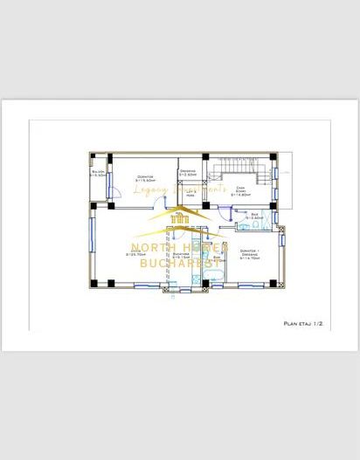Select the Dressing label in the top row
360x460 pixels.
pyautogui.click(x=188, y=173)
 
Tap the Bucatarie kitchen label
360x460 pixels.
pyautogui.click(x=181, y=256)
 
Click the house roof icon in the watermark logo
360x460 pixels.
pyautogui.click(x=180, y=223)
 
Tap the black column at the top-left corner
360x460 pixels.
pyautogui.click(x=93, y=157)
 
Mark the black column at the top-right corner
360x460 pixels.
pyautogui.click(x=274, y=157)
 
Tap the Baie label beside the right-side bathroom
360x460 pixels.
pyautogui.click(x=255, y=216)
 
